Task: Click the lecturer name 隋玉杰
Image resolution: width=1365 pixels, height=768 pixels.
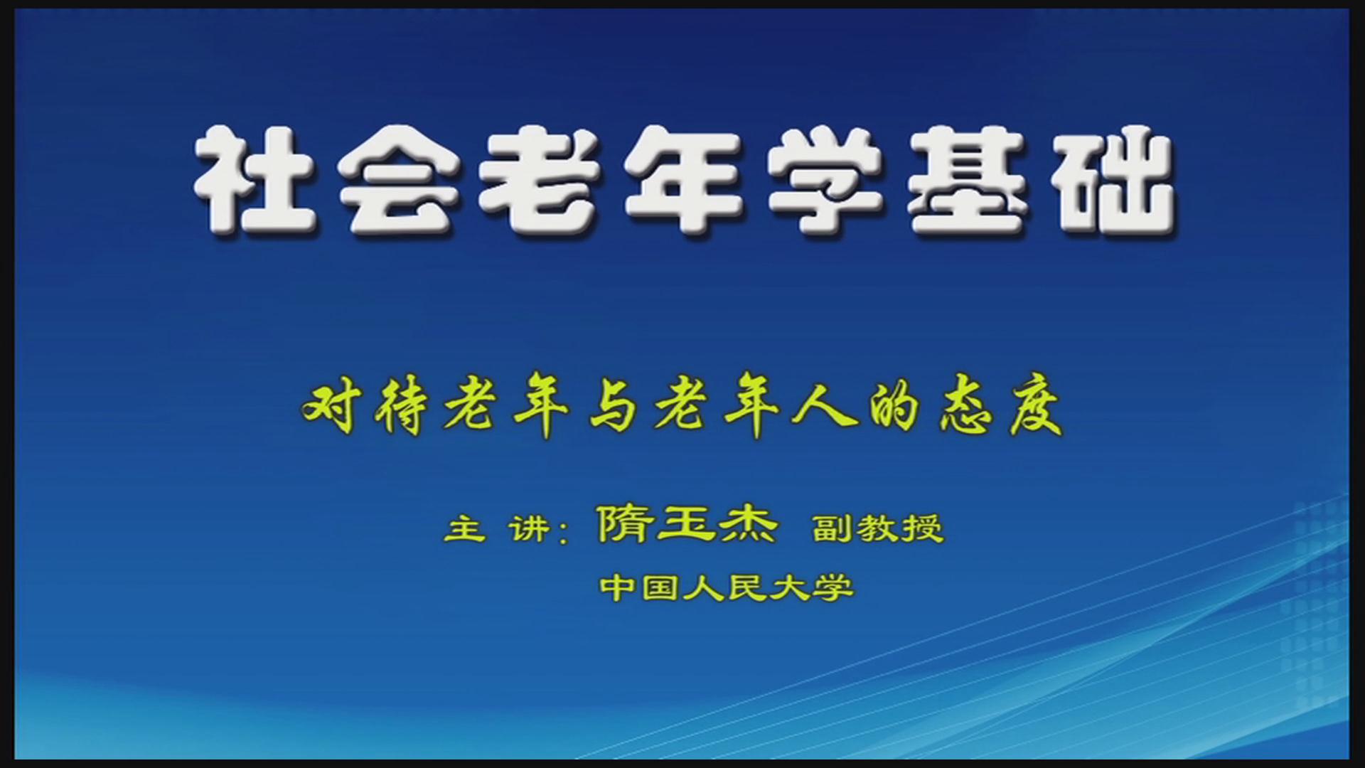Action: (687, 525)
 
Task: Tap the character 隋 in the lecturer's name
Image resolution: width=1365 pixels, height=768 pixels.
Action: (626, 525)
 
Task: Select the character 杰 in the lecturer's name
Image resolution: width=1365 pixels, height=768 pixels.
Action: (748, 525)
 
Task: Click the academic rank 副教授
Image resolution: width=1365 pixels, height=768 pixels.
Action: (878, 528)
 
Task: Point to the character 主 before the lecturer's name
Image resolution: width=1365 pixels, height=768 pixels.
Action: (465, 528)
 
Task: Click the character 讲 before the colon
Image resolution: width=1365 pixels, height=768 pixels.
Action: (530, 528)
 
